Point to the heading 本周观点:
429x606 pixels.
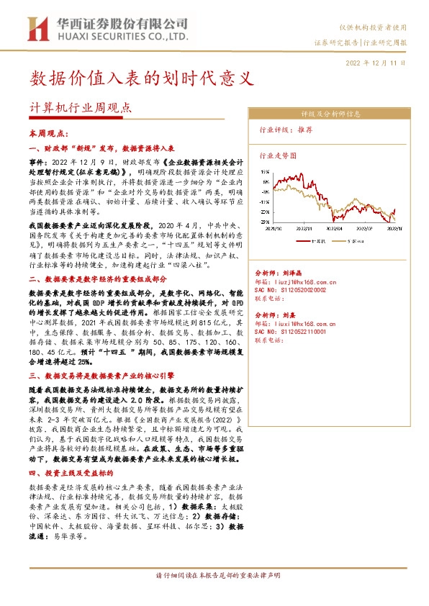[x=48, y=134]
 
